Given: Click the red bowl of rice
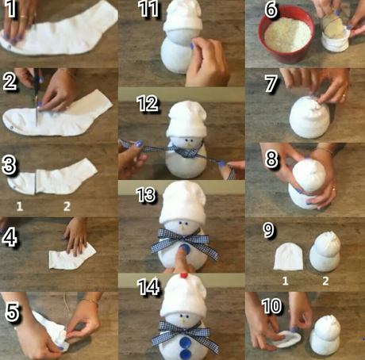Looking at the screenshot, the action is click(286, 34).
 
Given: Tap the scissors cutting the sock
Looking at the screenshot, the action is click(37, 98).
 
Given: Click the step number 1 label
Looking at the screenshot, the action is click(10, 9).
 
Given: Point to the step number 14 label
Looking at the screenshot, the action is click(148, 286).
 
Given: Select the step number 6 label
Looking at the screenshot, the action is click(271, 10).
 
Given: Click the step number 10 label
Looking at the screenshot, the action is click(271, 306).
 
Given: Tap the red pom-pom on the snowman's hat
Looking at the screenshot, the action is click(184, 276).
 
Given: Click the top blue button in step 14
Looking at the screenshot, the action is click(185, 342).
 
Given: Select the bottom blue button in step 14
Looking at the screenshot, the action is click(185, 354).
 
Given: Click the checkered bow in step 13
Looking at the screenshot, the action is click(184, 241).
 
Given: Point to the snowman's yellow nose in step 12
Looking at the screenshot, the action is click(188, 144).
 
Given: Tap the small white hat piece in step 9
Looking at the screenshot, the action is click(288, 256).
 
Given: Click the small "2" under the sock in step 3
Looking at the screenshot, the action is click(67, 206).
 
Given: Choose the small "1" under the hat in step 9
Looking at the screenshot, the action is click(285, 281).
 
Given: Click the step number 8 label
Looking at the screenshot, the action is click(271, 159).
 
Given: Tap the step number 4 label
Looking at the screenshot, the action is click(10, 237).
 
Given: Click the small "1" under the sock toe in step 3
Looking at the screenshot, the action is click(20, 206).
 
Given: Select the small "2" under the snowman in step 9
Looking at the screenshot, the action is click(325, 281).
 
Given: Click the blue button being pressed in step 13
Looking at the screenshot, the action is click(184, 249).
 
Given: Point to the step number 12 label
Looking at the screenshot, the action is click(148, 104).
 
